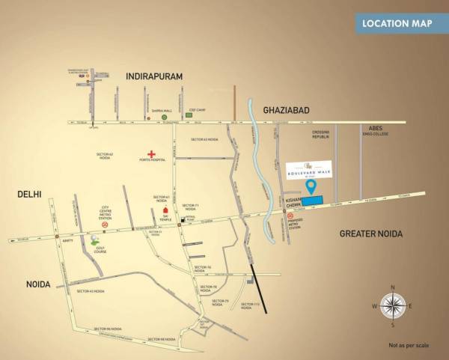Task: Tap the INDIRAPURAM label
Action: (155, 76)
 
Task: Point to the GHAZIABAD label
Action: (287, 110)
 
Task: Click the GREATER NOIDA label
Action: (371, 234)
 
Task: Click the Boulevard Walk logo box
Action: (313, 168)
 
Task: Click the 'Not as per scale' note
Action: (408, 345)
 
